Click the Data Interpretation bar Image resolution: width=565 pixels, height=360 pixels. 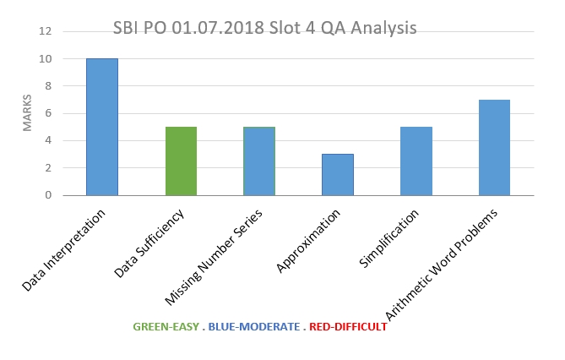tap(102, 127)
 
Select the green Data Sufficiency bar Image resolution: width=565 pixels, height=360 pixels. tap(182, 161)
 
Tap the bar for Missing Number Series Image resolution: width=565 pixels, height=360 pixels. tap(259, 161)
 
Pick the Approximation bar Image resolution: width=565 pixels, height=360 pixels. tap(338, 175)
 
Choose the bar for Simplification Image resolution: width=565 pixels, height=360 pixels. tap(416, 161)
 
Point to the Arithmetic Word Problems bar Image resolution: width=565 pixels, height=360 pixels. tap(494, 148)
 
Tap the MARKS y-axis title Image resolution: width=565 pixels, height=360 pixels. tap(27, 113)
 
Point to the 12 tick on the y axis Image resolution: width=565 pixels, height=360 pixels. tap(46, 31)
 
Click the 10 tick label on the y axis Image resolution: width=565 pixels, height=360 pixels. tap(46, 59)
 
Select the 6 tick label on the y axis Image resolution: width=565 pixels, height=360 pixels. tap(48, 113)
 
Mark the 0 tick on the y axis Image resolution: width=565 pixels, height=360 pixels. tap(48, 195)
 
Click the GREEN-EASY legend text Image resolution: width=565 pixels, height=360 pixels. tap(166, 327)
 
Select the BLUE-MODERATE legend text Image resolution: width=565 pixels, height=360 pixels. tap(254, 327)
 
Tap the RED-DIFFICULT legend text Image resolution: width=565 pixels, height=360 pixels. tap(348, 327)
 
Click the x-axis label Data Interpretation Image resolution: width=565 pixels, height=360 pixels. tap(63, 250)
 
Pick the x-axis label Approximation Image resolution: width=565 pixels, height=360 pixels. tap(308, 241)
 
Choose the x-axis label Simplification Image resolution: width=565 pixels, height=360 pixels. tap(388, 238)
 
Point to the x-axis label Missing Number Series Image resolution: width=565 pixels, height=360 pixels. tap(214, 257)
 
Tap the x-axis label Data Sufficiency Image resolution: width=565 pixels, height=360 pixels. tap(149, 243)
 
